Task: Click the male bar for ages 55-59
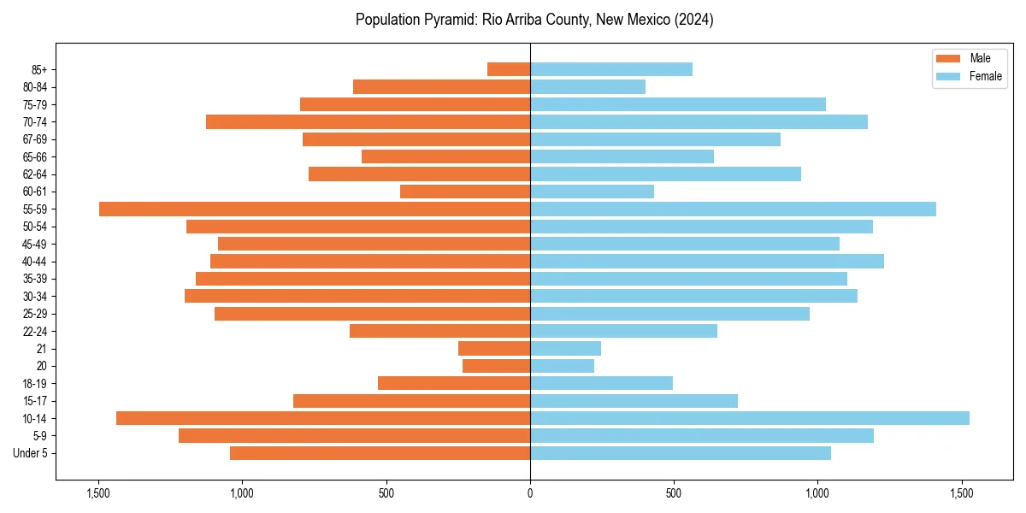[x=315, y=209]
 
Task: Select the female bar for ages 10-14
[x=750, y=418]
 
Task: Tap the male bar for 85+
[x=509, y=69]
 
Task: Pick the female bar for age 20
[x=562, y=366]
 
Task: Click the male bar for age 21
[x=494, y=348]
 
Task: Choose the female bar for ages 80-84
[x=587, y=86]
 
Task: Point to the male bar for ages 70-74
[x=368, y=121]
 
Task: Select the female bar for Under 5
[x=681, y=453]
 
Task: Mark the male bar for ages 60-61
[x=465, y=192]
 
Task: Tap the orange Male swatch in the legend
[x=948, y=58]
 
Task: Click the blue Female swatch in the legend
[x=948, y=76]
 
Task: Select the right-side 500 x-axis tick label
[x=674, y=493]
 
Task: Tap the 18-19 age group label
[x=35, y=383]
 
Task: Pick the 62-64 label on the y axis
[x=35, y=174]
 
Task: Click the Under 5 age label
[x=30, y=453]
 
